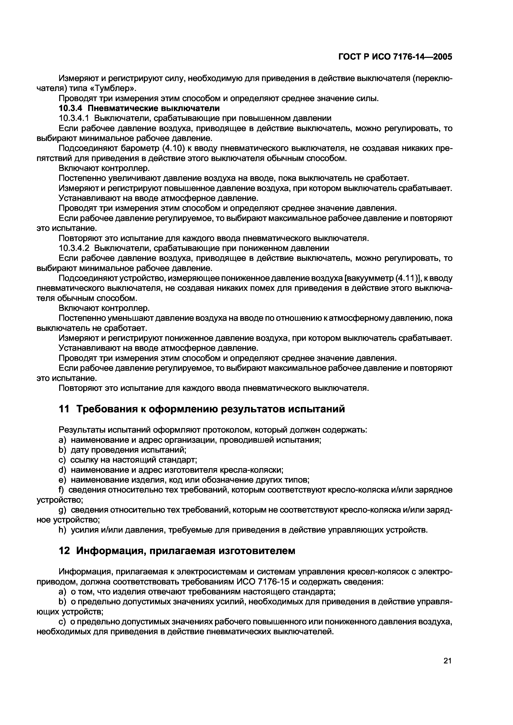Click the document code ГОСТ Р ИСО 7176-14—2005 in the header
tap(395, 57)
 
